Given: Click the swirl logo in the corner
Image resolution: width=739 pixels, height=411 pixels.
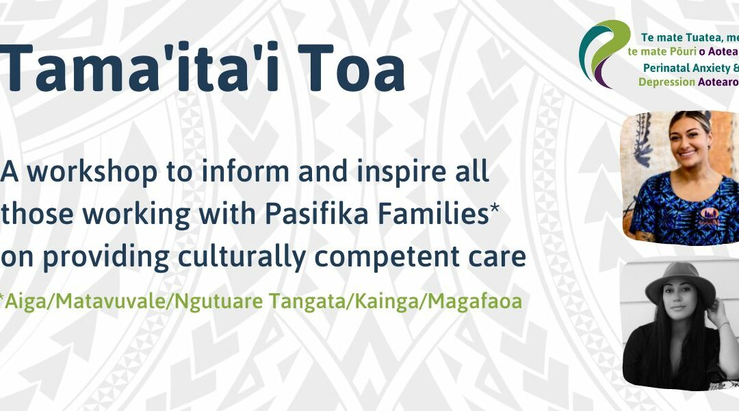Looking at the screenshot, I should click(604, 53).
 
